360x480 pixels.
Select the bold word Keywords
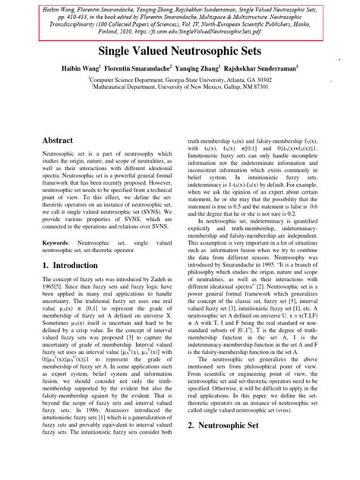click(x=46, y=240)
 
